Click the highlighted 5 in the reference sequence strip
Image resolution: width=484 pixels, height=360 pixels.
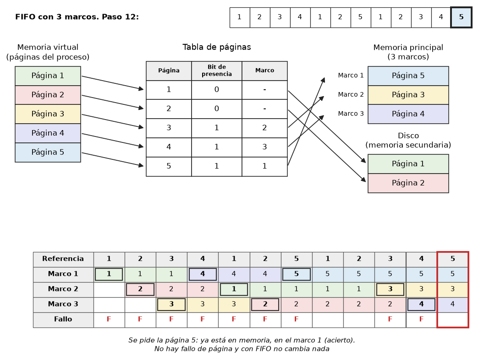click(461, 17)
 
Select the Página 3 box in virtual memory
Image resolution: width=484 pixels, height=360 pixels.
click(48, 114)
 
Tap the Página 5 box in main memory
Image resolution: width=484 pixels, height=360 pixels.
click(408, 76)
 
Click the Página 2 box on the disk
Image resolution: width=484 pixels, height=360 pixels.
click(408, 183)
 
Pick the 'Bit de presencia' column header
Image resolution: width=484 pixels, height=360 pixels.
click(217, 71)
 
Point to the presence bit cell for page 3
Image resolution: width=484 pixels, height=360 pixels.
click(217, 128)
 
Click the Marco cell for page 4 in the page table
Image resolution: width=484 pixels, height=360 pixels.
click(264, 147)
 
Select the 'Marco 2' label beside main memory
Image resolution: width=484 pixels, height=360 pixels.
click(351, 94)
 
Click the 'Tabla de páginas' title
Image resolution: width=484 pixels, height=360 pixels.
click(217, 47)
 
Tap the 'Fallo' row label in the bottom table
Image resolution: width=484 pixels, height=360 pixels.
click(63, 319)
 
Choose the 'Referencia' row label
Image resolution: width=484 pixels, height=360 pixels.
click(63, 259)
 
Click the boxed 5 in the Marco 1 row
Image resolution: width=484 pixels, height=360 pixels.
click(297, 274)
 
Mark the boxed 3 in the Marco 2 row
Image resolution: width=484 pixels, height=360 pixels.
click(390, 289)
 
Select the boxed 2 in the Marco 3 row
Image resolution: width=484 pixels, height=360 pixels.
click(265, 305)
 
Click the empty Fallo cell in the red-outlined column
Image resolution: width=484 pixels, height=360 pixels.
click(453, 320)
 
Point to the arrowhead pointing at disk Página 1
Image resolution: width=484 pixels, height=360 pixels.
click(363, 160)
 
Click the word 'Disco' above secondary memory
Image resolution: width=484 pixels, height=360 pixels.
click(408, 136)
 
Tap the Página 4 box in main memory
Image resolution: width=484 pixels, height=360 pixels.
click(408, 114)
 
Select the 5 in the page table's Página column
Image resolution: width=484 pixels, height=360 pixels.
click(169, 166)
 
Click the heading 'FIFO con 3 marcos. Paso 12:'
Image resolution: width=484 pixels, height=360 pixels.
click(77, 17)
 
